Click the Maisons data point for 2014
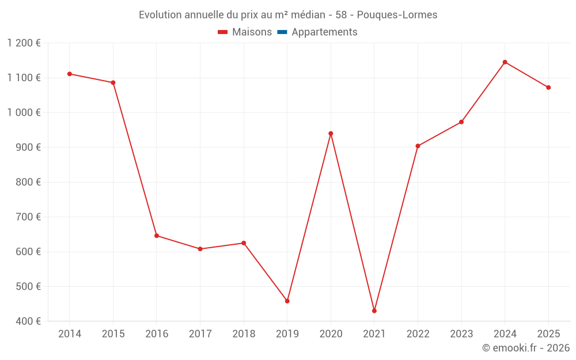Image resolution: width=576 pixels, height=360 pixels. [70, 74]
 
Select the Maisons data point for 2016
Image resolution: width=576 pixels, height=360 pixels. [157, 236]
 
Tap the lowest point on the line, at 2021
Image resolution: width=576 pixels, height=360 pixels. [374, 311]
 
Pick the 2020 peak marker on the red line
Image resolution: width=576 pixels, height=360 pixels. [331, 134]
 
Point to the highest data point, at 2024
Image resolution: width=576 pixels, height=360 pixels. [505, 62]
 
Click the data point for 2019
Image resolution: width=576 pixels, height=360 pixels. [287, 301]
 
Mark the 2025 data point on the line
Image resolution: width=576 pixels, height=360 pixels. [548, 88]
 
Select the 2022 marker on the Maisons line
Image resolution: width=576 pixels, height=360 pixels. [418, 146]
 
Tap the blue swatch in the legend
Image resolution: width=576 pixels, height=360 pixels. [282, 32]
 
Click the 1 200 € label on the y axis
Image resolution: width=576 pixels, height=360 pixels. [24, 43]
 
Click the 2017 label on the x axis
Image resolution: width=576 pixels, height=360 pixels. [200, 334]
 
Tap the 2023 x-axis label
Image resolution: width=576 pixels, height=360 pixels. [461, 334]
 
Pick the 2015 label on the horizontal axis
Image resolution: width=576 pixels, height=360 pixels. [113, 334]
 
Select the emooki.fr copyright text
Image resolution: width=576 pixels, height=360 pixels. [526, 348]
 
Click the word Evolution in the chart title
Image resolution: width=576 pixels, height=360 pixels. [160, 15]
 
